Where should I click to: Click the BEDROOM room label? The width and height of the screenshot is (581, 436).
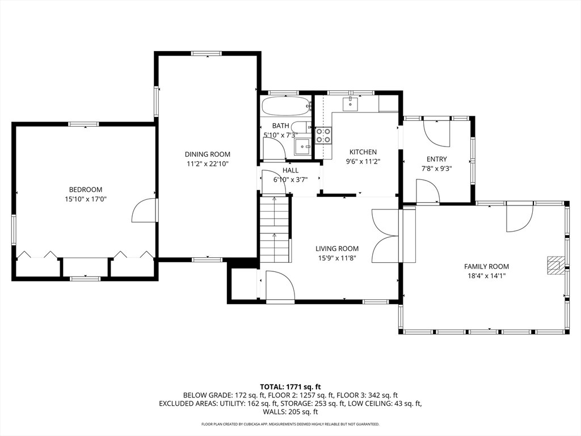[86, 190]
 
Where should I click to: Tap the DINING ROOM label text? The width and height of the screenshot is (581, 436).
[208, 154]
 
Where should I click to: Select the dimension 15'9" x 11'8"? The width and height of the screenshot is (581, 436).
[337, 258]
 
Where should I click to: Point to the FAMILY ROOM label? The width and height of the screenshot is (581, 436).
[486, 266]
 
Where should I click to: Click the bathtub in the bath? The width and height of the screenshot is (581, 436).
[286, 106]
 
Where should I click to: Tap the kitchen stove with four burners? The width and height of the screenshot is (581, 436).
[323, 135]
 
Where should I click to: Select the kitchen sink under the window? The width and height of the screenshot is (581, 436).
[350, 104]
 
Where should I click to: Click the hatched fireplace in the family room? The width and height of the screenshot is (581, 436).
[554, 265]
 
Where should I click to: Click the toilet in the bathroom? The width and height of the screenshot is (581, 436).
[301, 127]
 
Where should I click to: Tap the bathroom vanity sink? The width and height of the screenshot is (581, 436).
[304, 147]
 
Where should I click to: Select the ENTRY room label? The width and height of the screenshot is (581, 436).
[436, 159]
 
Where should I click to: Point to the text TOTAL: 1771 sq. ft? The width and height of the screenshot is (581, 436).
[290, 387]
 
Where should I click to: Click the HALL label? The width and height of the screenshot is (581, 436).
[290, 170]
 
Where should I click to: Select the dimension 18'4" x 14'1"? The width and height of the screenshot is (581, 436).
[486, 276]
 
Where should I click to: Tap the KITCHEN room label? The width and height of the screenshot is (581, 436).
[363, 152]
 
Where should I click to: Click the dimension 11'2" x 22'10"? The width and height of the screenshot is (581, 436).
[208, 164]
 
